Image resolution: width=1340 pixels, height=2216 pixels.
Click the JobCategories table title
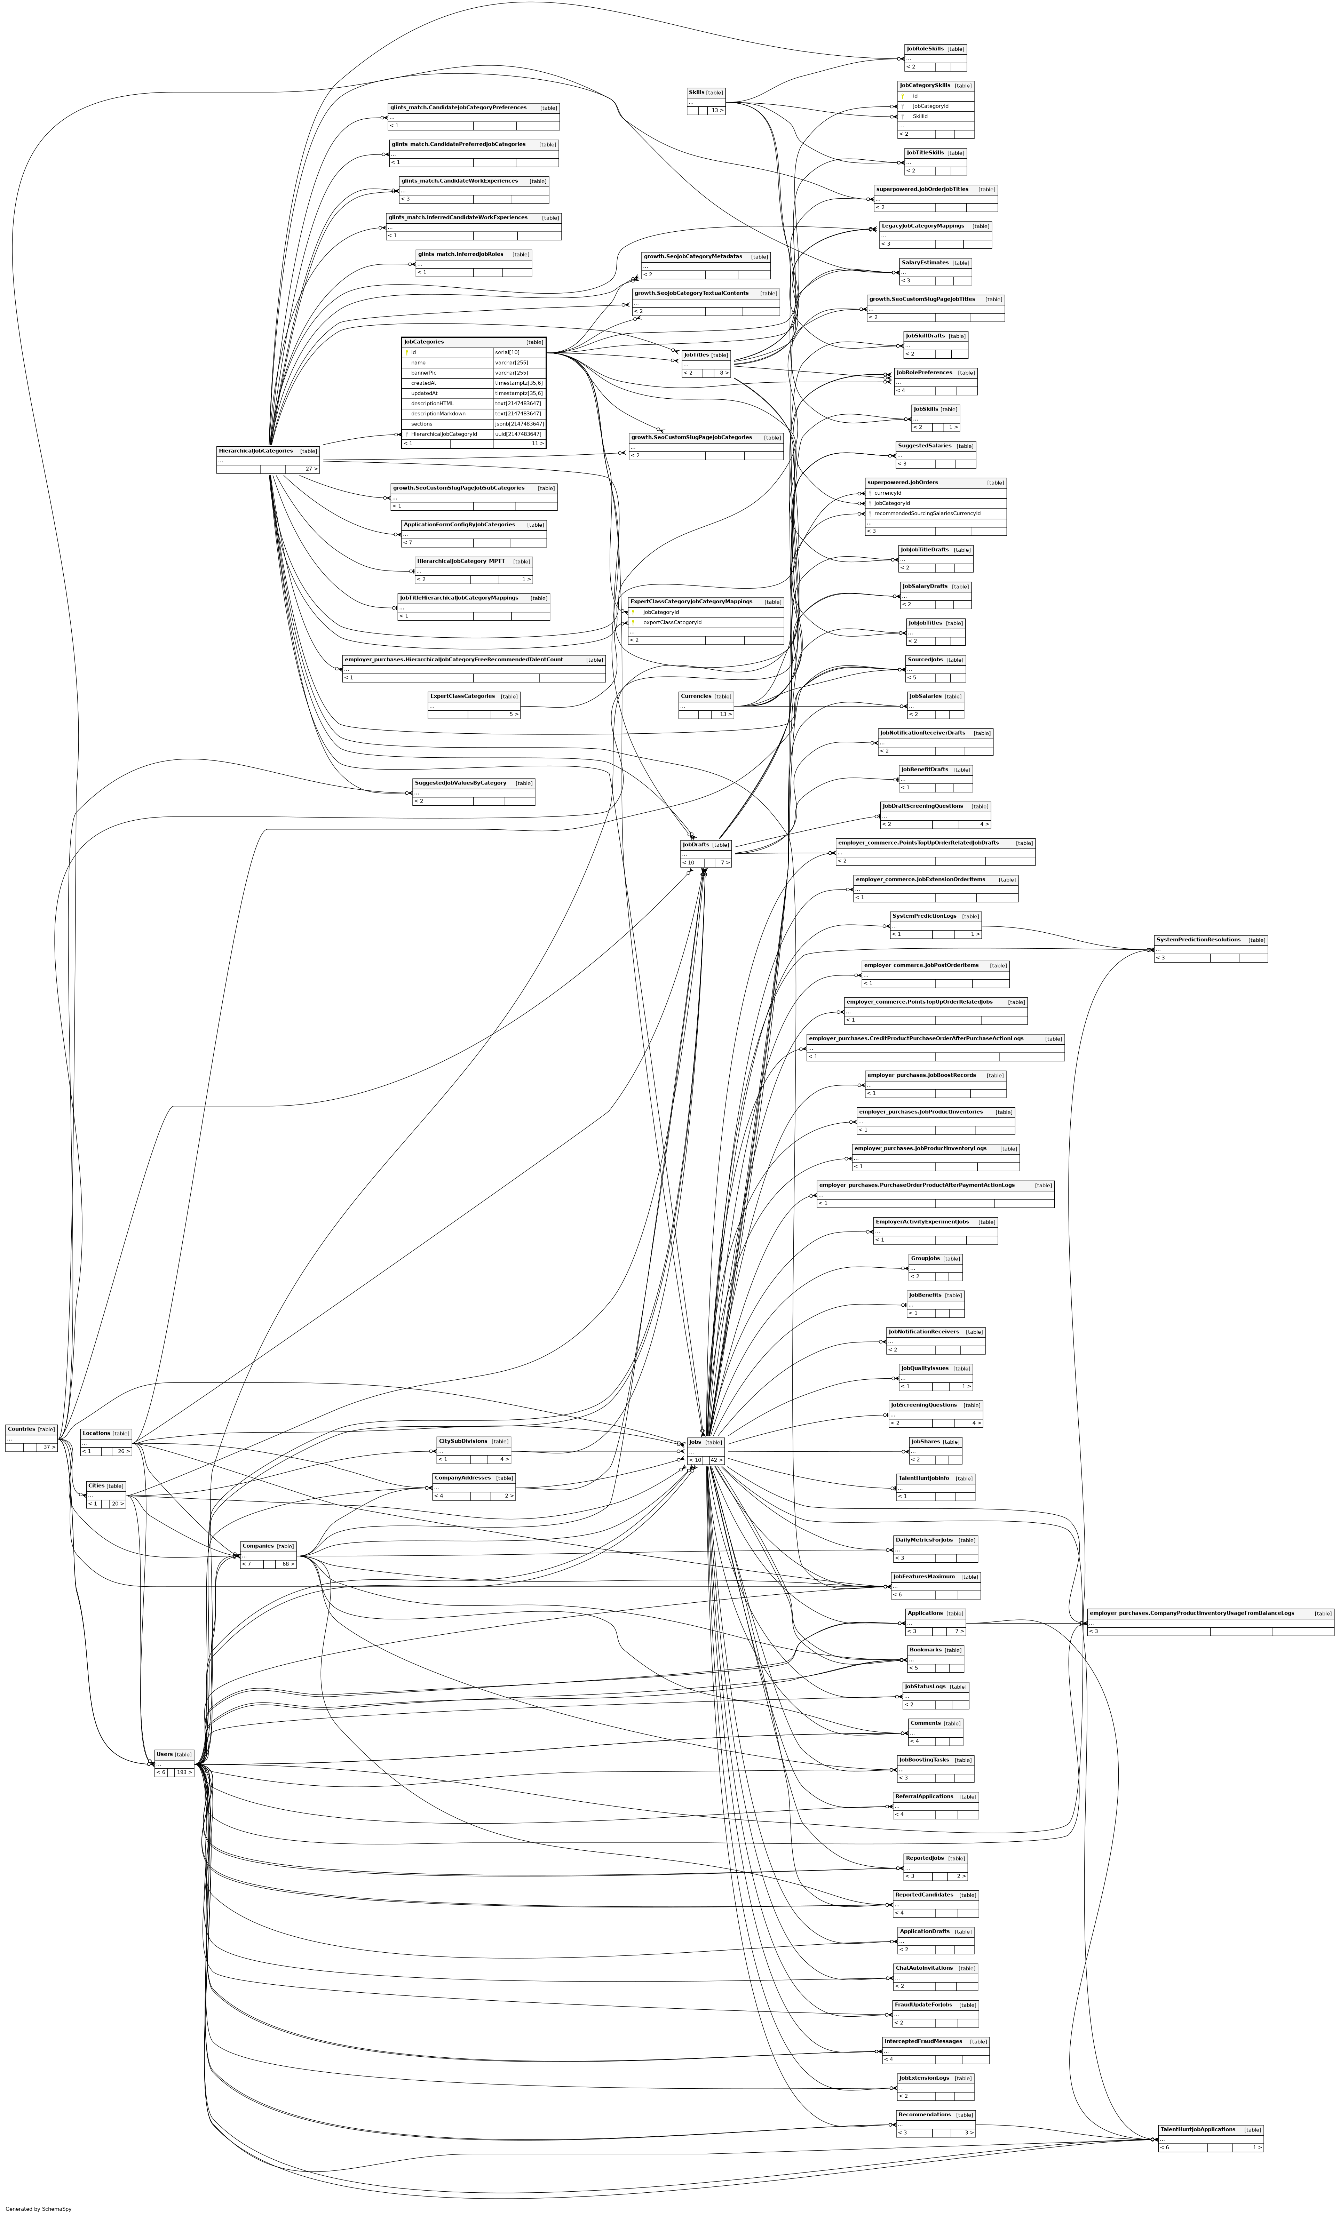[x=423, y=342]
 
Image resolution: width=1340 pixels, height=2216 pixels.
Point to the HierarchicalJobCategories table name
[x=255, y=451]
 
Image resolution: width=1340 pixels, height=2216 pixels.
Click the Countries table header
[x=22, y=1429]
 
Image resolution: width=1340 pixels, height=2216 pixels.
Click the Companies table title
[x=257, y=1546]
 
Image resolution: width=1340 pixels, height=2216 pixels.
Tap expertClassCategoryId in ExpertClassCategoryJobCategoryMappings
[x=672, y=622]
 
